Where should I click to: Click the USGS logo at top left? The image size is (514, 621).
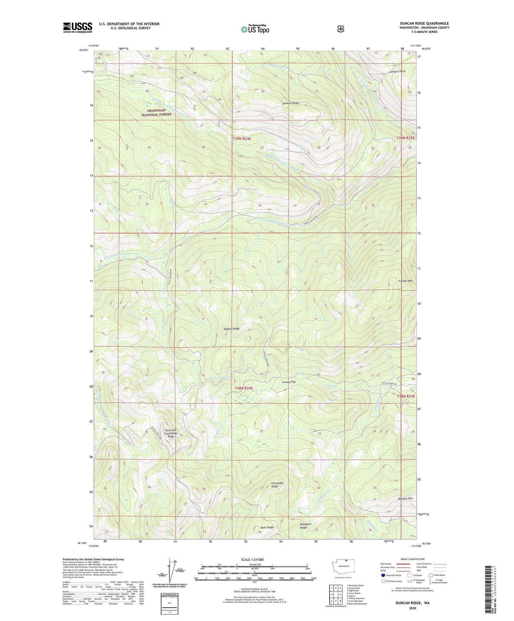pos(77,27)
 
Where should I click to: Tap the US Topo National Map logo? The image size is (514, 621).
pos(255,29)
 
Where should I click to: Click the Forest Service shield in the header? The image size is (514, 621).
pos(341,29)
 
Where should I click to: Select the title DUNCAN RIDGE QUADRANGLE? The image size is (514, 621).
pos(424,23)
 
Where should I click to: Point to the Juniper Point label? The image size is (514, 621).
pos(397,71)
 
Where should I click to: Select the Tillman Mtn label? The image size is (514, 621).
pos(405,281)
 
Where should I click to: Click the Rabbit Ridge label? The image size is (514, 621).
pos(231,328)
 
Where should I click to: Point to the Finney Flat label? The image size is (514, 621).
pos(289,382)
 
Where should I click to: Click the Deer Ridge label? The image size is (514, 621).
pos(267,527)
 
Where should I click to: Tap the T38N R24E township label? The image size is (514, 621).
pos(244,388)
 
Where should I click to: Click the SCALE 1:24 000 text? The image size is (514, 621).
pos(254,559)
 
